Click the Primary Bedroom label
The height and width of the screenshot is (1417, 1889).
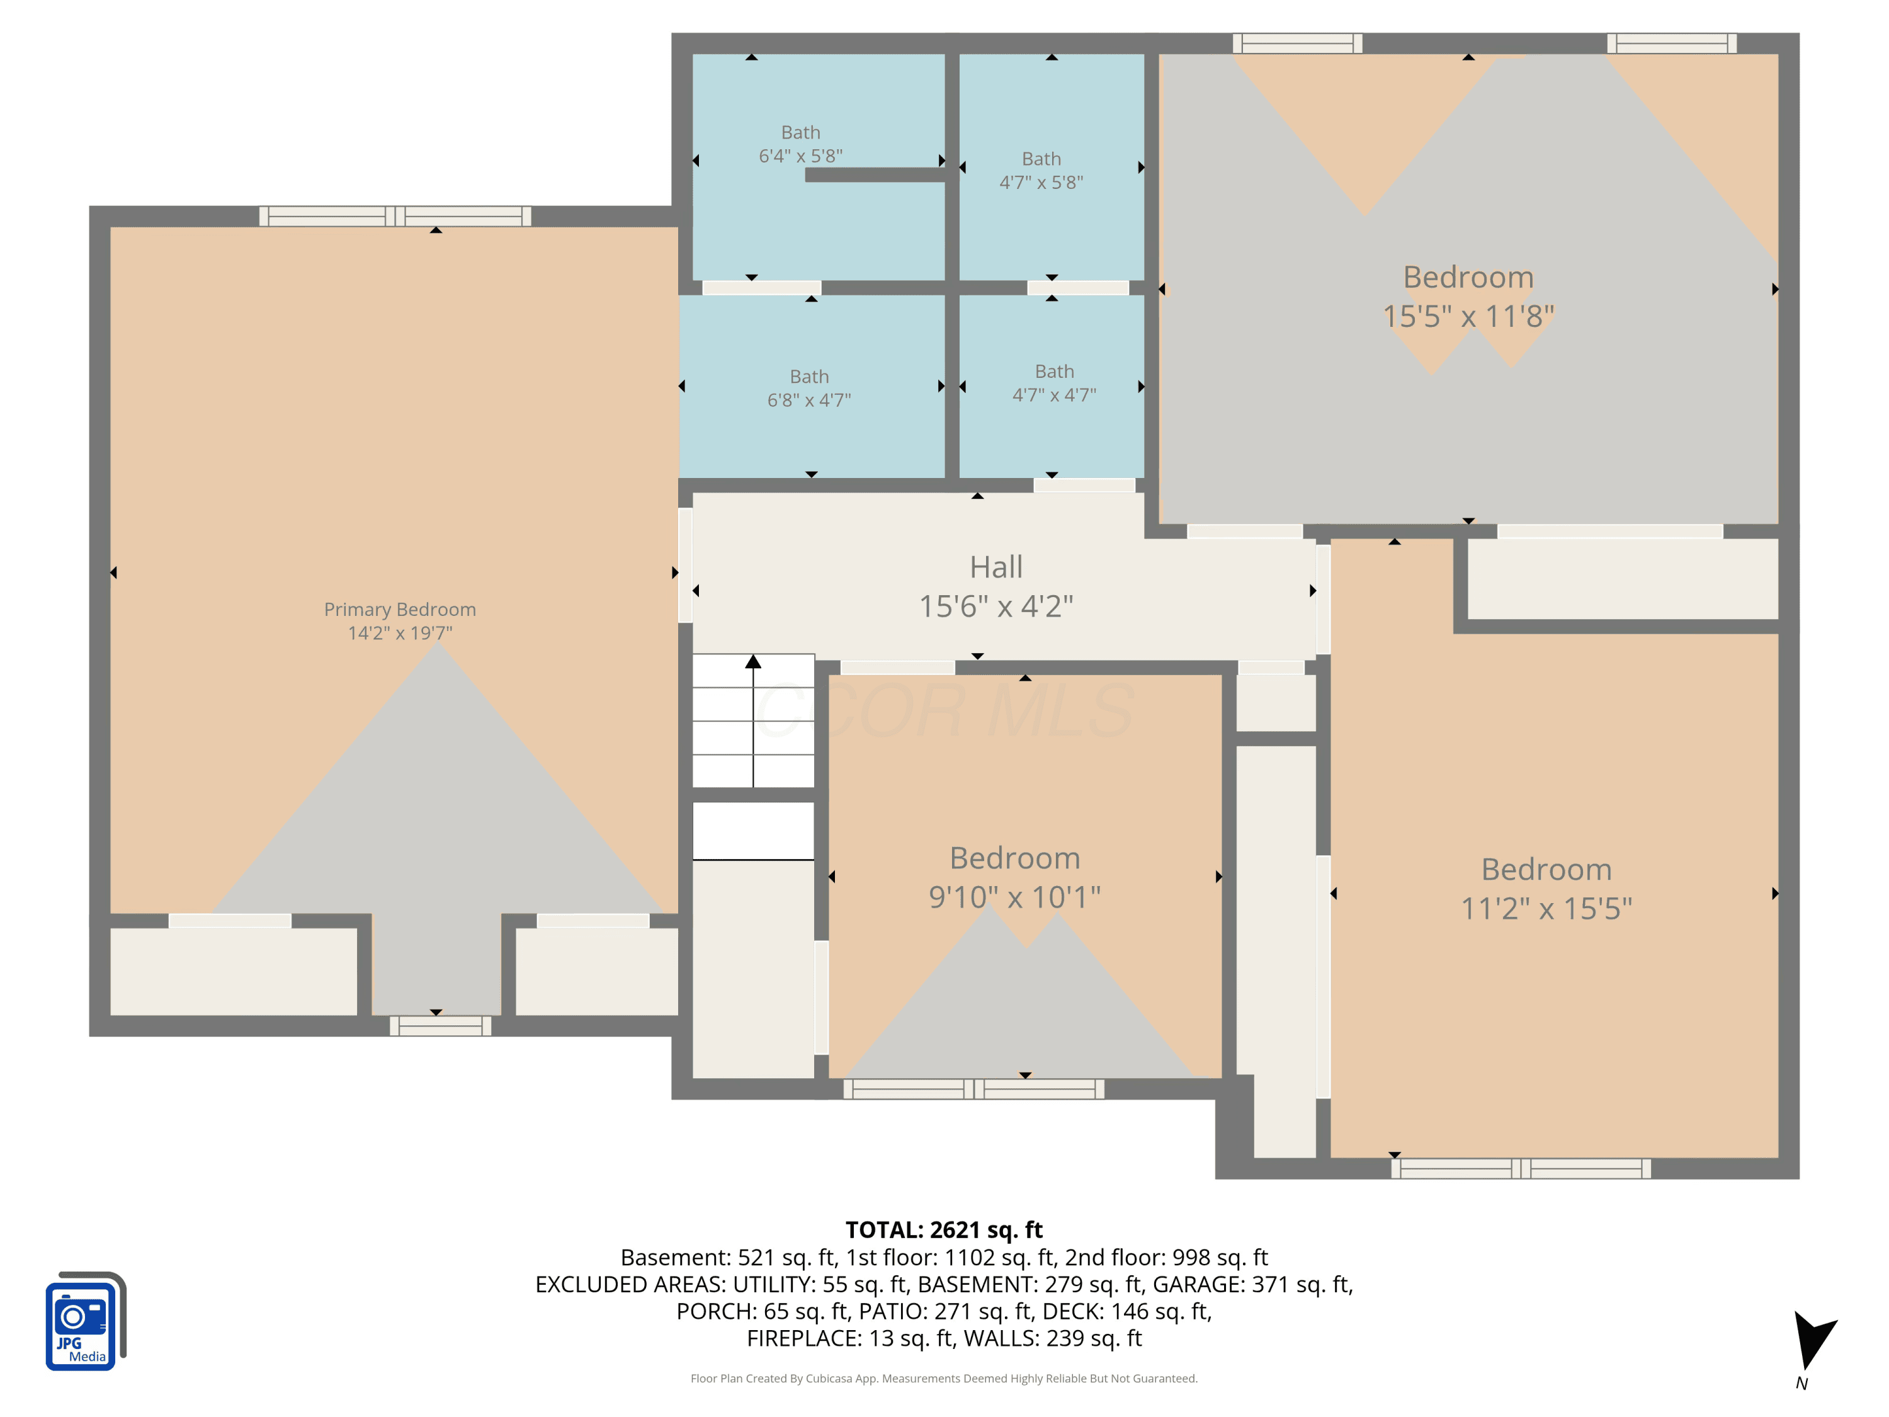coord(400,610)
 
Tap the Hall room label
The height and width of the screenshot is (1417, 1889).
coord(996,567)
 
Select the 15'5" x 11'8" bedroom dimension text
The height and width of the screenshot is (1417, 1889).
coord(1468,317)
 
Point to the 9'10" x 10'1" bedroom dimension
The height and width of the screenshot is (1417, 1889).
coord(1014,897)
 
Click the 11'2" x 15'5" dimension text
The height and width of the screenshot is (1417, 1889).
coord(1546,909)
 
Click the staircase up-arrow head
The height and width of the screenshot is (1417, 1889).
coord(752,662)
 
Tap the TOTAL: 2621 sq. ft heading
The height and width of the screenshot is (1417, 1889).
coord(944,1230)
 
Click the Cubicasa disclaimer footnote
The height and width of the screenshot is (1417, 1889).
coord(944,1379)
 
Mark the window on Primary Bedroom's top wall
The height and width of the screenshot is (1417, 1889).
coord(395,216)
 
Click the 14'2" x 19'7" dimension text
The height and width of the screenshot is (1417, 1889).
coord(400,633)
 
